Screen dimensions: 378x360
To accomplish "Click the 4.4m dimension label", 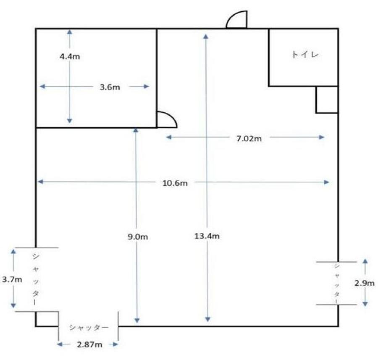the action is click(70, 57).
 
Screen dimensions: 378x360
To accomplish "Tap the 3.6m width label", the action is click(110, 87).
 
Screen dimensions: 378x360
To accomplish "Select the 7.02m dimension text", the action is click(249, 139).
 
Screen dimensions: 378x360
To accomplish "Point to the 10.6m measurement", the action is click(175, 183).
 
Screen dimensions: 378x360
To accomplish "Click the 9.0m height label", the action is click(138, 237).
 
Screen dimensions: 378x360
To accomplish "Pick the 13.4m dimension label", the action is click(207, 236).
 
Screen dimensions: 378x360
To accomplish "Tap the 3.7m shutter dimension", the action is click(12, 279).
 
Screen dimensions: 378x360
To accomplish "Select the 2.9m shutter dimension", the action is click(365, 283).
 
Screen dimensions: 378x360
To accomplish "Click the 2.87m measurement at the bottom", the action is click(89, 344).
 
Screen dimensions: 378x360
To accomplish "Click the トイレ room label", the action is click(305, 55).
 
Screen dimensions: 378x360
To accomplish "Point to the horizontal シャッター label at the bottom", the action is click(89, 328).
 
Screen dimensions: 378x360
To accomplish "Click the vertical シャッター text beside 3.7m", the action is click(35, 279).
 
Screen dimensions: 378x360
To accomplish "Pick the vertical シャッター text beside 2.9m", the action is click(337, 283).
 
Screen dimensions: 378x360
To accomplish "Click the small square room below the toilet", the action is click(327, 99).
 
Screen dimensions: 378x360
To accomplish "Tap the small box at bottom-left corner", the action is click(47, 319).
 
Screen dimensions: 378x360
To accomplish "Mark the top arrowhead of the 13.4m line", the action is click(206, 37).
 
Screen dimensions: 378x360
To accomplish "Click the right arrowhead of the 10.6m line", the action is click(326, 182).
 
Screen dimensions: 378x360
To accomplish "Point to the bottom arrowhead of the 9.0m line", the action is click(137, 320).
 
